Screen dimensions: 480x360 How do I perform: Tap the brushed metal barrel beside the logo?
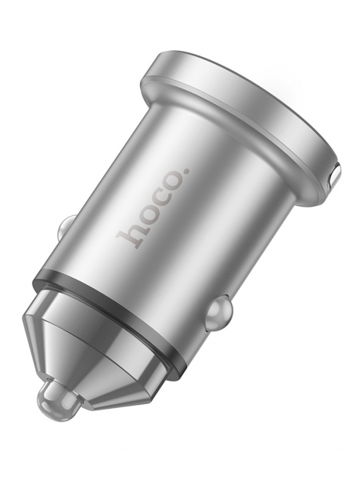(x=203, y=219)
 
